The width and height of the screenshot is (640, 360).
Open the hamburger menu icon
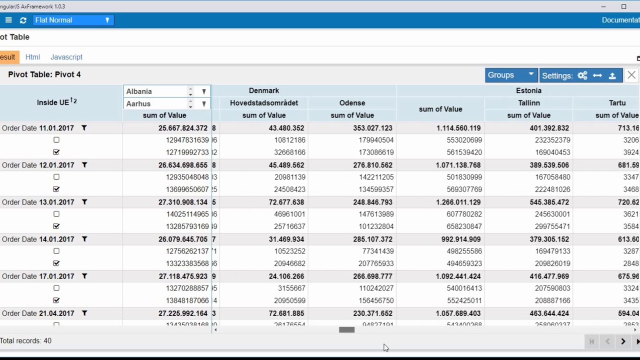point(8,20)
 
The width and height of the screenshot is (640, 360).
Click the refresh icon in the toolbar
point(23,20)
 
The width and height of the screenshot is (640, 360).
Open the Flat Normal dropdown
point(72,20)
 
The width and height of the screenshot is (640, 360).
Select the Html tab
point(32,57)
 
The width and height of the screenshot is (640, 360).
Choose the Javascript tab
point(66,57)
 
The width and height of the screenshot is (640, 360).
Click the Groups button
point(510,75)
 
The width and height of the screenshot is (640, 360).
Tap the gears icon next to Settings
point(582,75)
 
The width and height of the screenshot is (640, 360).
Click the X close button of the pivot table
point(631,75)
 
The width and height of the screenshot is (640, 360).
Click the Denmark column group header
point(264,90)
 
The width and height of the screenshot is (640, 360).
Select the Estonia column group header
point(528,90)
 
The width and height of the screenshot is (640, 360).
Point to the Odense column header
point(352,103)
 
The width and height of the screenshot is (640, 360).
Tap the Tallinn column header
point(528,103)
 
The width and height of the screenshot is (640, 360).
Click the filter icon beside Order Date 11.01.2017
point(84,128)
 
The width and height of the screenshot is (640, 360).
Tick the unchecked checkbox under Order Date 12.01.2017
point(56,177)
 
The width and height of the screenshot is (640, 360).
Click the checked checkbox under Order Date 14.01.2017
point(56,263)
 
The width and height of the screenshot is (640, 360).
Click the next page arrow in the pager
point(623,341)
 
